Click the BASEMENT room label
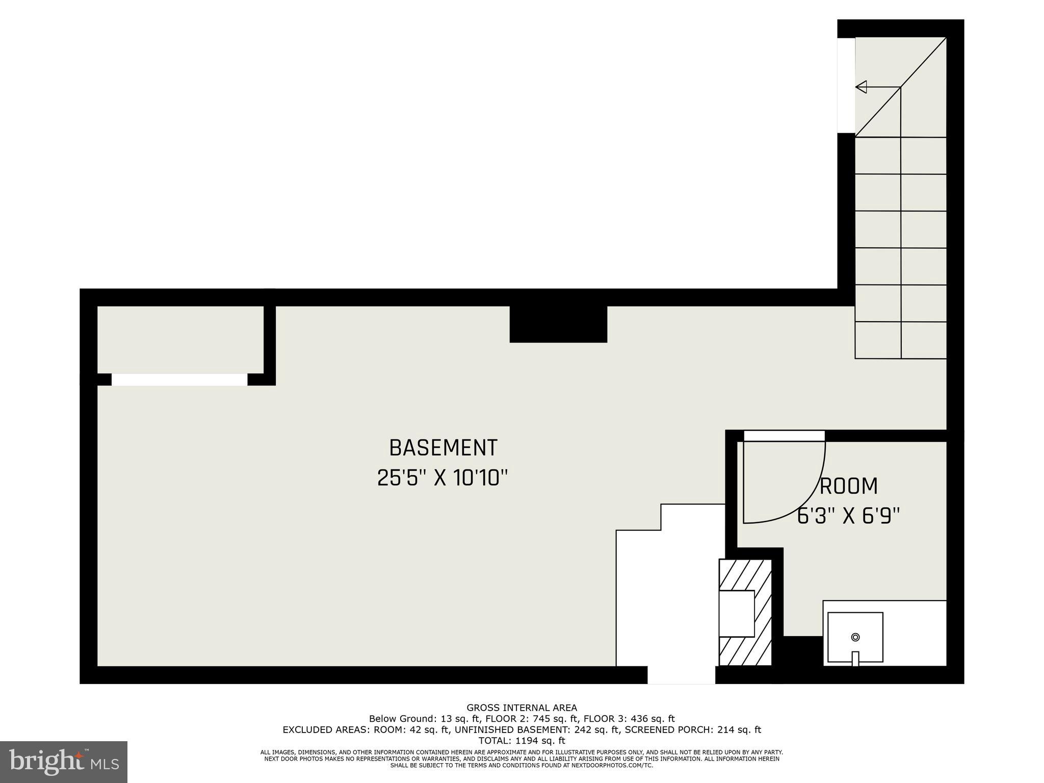click(x=443, y=448)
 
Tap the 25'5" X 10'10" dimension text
click(x=443, y=478)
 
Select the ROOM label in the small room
click(x=849, y=486)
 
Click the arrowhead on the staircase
click(x=862, y=87)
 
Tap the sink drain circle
click(x=855, y=637)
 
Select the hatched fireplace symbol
click(x=745, y=612)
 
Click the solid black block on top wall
click(x=558, y=324)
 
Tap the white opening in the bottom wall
click(x=681, y=675)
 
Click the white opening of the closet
click(x=179, y=380)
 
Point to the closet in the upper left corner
click(x=180, y=340)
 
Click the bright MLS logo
click(x=64, y=762)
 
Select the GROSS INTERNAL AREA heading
click(x=521, y=708)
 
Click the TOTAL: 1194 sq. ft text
click(x=521, y=741)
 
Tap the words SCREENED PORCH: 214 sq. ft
click(x=693, y=730)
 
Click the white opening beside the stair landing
click(x=846, y=85)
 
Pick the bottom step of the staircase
click(x=900, y=341)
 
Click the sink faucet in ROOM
click(x=855, y=658)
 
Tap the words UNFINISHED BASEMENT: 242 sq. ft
click(x=536, y=730)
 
